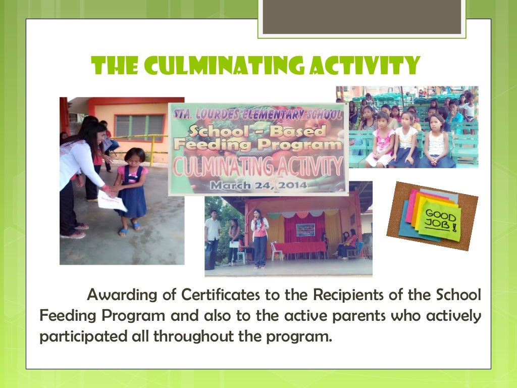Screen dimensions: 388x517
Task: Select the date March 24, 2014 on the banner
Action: pos(258,185)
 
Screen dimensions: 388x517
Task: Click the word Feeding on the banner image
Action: pos(212,145)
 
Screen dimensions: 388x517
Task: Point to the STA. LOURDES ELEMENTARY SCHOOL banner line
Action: pos(257,115)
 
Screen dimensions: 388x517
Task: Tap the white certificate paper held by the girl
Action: pos(112,202)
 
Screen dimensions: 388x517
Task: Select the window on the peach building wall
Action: pos(139,128)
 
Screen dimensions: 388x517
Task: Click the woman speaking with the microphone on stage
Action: pos(260,237)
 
